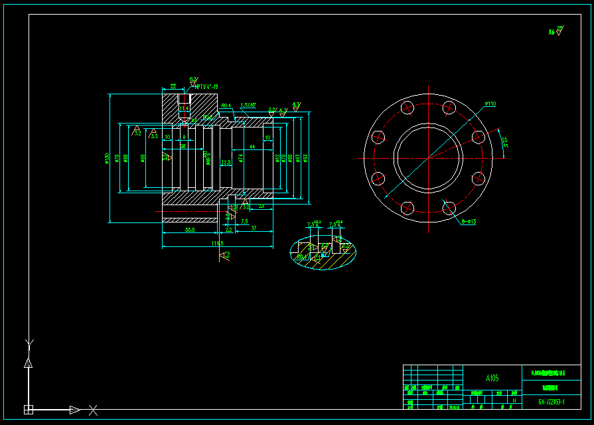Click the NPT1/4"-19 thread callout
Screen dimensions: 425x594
pyautogui.click(x=206, y=86)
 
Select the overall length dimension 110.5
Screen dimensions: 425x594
pyautogui.click(x=217, y=243)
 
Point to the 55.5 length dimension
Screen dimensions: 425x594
pyautogui.click(x=189, y=230)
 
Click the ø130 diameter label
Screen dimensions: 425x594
pyautogui.click(x=107, y=159)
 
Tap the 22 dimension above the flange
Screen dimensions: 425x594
pyautogui.click(x=173, y=86)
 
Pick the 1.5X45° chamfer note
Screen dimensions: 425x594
pyautogui.click(x=249, y=105)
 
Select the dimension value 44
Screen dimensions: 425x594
pyautogui.click(x=252, y=146)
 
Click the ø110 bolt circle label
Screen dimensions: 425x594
pyautogui.click(x=490, y=104)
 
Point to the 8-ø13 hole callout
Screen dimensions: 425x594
pyautogui.click(x=469, y=222)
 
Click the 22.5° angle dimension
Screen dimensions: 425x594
pyautogui.click(x=504, y=142)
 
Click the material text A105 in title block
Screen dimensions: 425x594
pyautogui.click(x=492, y=378)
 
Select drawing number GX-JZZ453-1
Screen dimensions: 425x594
pyautogui.click(x=552, y=402)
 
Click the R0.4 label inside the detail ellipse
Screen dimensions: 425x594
pyautogui.click(x=302, y=256)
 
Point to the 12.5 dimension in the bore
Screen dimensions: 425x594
pyautogui.click(x=226, y=162)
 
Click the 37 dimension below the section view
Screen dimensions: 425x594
pyautogui.click(x=254, y=228)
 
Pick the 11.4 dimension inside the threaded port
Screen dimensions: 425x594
pyautogui.click(x=184, y=108)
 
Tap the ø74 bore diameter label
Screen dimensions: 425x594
pyautogui.click(x=241, y=158)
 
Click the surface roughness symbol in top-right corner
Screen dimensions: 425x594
pyautogui.click(x=559, y=30)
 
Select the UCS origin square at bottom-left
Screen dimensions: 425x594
pyautogui.click(x=29, y=409)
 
